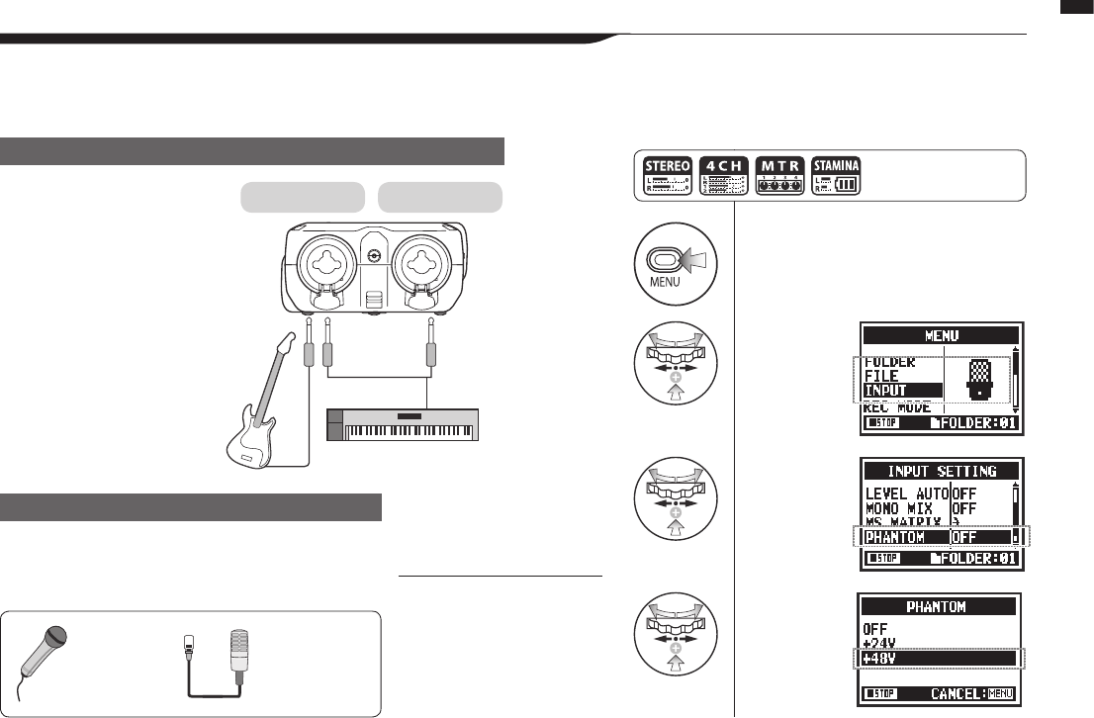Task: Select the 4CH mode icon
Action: pyautogui.click(x=723, y=175)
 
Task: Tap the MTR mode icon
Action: pyautogui.click(x=779, y=175)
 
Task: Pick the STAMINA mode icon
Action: pyautogui.click(x=836, y=175)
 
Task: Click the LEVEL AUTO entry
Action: pyautogui.click(x=906, y=494)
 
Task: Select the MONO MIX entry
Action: pyautogui.click(x=899, y=508)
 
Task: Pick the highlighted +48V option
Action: pyautogui.click(x=880, y=658)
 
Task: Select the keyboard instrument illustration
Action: pyautogui.click(x=403, y=424)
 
